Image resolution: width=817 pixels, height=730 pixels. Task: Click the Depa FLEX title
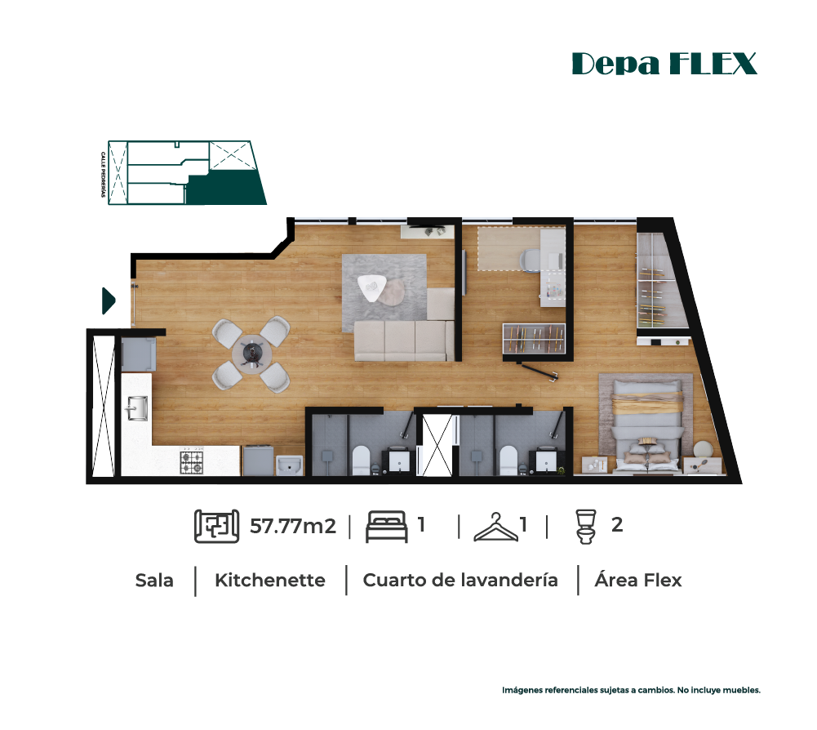(x=664, y=64)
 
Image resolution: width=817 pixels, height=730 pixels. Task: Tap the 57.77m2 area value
(x=293, y=526)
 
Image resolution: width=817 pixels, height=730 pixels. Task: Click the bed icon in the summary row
(x=386, y=527)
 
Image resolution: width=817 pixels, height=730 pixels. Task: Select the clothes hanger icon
(x=495, y=527)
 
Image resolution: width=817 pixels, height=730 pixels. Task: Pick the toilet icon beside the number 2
(x=586, y=527)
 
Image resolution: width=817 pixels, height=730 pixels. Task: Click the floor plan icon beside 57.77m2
(x=217, y=526)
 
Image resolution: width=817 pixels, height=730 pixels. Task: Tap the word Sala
(x=154, y=581)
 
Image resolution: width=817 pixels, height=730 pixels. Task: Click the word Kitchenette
(x=270, y=581)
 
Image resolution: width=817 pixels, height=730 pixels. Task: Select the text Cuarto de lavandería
(x=460, y=581)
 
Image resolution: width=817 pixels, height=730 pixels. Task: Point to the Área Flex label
(x=637, y=580)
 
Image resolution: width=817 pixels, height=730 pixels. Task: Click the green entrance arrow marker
(x=108, y=300)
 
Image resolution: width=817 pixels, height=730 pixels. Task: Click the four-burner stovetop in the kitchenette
(x=192, y=462)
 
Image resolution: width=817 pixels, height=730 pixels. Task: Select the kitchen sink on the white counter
(x=137, y=408)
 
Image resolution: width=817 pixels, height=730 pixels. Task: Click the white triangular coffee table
(x=371, y=287)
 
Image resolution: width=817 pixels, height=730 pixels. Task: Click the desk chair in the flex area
(x=531, y=260)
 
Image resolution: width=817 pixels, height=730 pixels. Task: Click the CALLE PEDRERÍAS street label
(x=103, y=175)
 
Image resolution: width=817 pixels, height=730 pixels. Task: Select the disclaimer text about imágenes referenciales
(x=631, y=690)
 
